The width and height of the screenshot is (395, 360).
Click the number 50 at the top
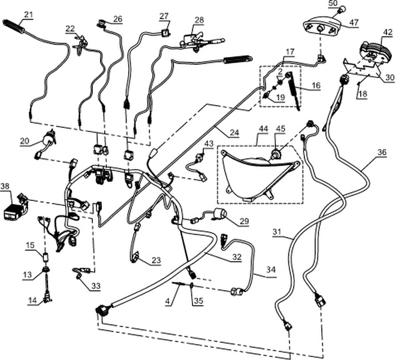pos(333,4)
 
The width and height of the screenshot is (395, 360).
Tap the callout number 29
pos(243,221)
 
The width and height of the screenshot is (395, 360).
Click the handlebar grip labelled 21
pos(14,26)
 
